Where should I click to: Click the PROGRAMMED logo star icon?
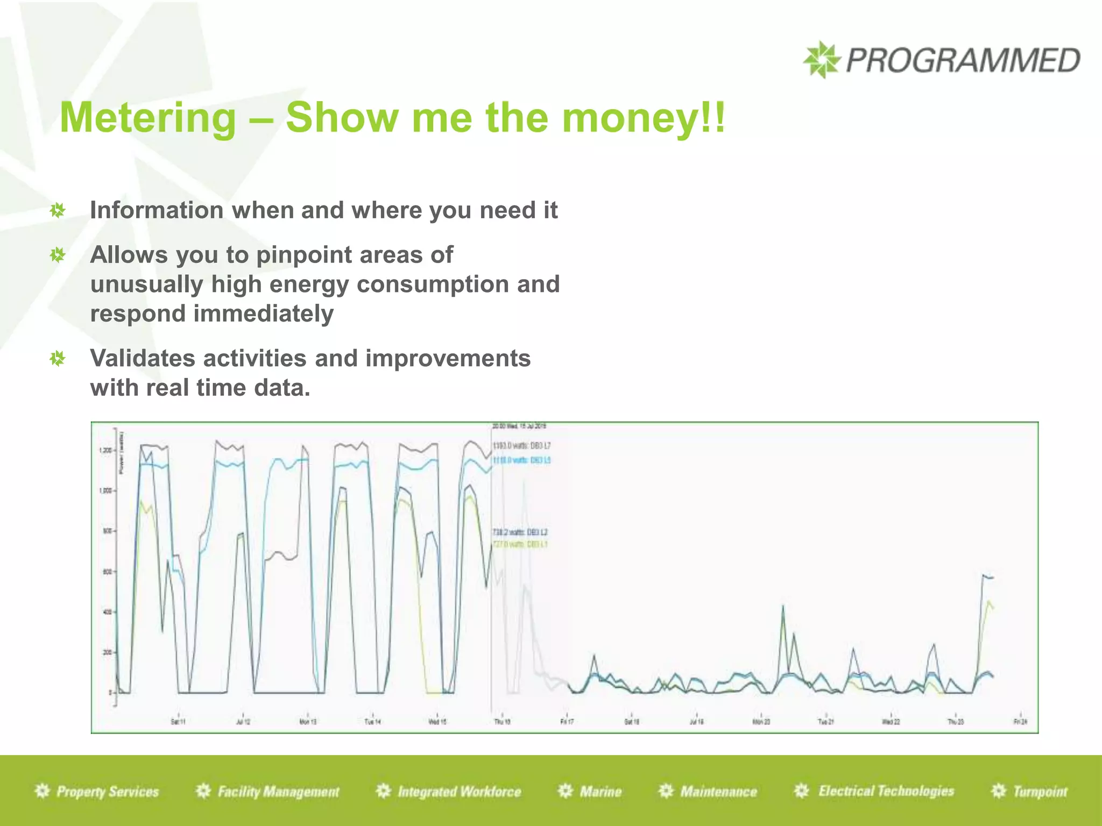[x=821, y=60]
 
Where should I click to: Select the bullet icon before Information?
[x=58, y=210]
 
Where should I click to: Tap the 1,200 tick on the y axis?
[x=106, y=450]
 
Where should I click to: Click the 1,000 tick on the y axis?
[x=106, y=490]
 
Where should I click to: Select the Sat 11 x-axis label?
[x=178, y=722]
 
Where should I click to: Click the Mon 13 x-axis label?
[x=308, y=722]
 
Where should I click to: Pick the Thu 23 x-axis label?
[x=955, y=722]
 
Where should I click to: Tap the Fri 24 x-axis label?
[x=1020, y=722]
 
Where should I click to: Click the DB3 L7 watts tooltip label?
[x=521, y=446]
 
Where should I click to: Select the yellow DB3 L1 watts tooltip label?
[x=520, y=544]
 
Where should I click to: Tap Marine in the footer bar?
[x=601, y=792]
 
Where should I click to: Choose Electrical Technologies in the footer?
[x=886, y=791]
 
